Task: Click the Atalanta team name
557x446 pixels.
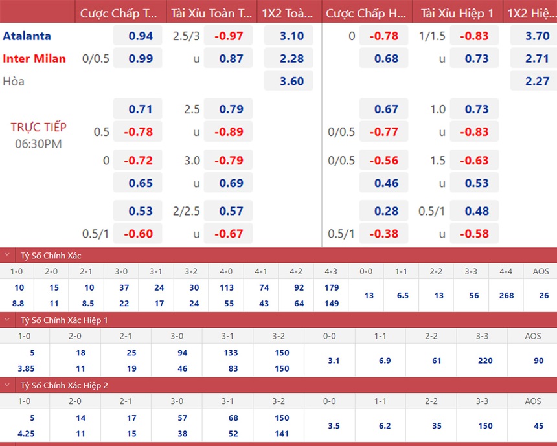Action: (27, 36)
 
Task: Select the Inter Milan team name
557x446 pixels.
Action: (34, 59)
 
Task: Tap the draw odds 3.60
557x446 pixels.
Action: (291, 82)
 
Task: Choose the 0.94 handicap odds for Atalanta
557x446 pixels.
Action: (141, 36)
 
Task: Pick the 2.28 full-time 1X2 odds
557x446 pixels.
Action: (291, 59)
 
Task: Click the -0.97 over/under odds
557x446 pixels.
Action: (231, 36)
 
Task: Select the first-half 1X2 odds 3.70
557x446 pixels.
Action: (537, 36)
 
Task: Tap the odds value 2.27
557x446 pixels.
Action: (537, 82)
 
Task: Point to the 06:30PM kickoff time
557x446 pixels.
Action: (38, 143)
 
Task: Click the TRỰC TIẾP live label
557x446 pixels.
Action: (38, 127)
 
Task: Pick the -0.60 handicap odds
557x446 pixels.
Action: (141, 234)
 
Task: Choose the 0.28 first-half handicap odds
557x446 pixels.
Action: (386, 211)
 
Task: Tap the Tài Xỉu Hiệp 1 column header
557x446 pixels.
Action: (457, 14)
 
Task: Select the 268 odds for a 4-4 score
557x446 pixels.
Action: (506, 295)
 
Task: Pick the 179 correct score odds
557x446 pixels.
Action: (332, 287)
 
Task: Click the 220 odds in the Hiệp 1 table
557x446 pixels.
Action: (485, 361)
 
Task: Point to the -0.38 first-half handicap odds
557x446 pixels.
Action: (386, 234)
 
